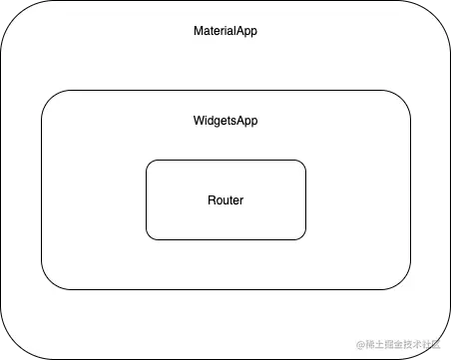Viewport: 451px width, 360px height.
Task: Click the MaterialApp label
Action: (225, 31)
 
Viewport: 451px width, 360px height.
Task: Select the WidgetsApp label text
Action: (225, 121)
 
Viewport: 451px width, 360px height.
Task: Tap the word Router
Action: (225, 200)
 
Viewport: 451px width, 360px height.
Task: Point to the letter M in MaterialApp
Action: (198, 31)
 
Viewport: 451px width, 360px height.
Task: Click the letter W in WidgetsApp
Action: (197, 121)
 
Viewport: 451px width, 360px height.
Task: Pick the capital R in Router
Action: (212, 200)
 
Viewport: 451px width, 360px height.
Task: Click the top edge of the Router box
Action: (225, 161)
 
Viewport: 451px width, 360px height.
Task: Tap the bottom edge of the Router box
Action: (225, 239)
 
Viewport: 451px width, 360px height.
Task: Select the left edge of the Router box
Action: (147, 199)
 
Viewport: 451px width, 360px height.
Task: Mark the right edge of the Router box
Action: (305, 199)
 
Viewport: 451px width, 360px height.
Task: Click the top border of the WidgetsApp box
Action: (225, 91)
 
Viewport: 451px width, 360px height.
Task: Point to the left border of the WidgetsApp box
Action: (42, 189)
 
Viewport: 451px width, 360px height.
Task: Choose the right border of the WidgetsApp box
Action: (410, 189)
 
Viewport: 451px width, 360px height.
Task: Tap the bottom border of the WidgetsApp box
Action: (225, 289)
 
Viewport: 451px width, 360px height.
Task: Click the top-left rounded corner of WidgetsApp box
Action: (49, 98)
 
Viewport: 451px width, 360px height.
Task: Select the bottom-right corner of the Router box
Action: (301, 236)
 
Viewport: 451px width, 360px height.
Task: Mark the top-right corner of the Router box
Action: (301, 164)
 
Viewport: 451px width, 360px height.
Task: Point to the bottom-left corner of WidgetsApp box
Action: (49, 282)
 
